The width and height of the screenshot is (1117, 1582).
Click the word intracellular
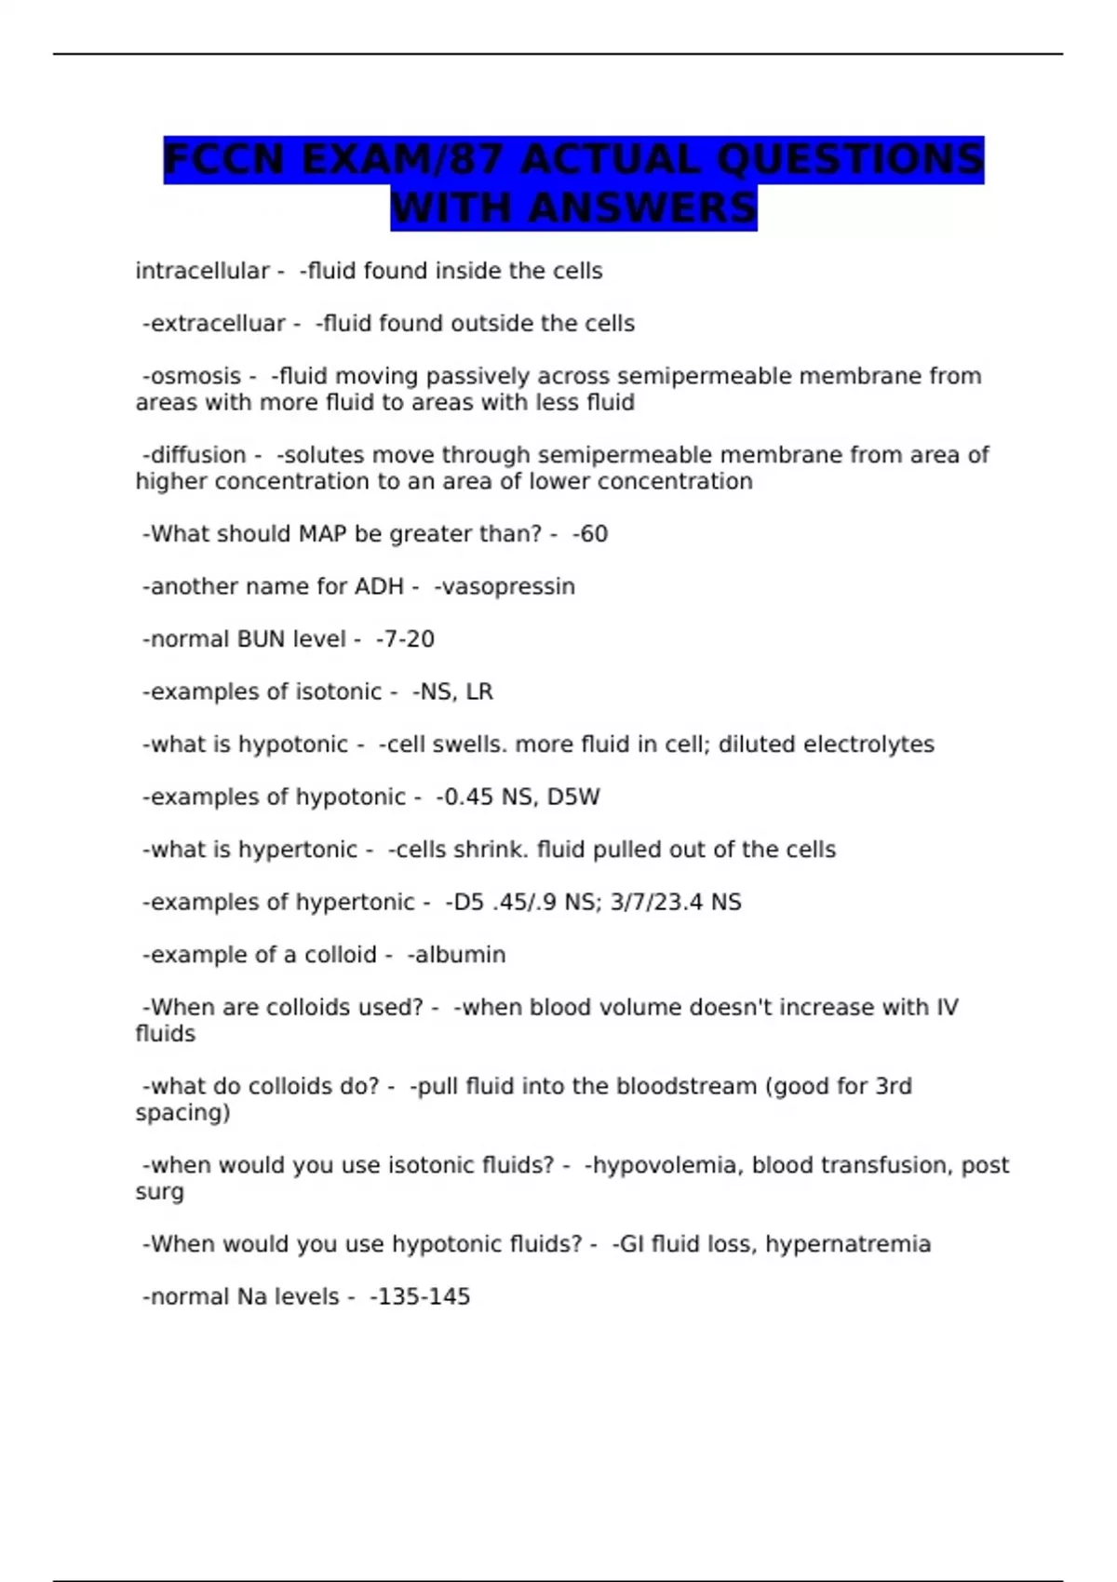(x=202, y=271)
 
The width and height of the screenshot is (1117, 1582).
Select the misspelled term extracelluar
(x=218, y=324)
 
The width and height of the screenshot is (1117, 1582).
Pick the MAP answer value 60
(x=593, y=534)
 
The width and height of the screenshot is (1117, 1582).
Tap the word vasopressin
(x=508, y=587)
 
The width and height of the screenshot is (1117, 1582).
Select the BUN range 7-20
(x=409, y=639)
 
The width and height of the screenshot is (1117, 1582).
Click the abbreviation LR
(x=479, y=692)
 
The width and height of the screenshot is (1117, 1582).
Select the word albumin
(x=460, y=955)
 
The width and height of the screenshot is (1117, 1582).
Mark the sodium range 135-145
(x=424, y=1297)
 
